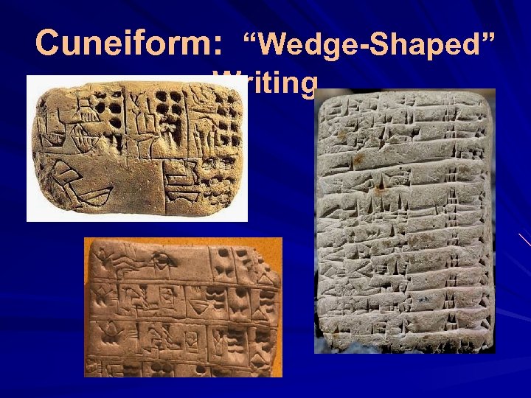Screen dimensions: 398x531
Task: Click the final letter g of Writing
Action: [308, 84]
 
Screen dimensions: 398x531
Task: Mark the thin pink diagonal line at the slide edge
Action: [524, 239]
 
